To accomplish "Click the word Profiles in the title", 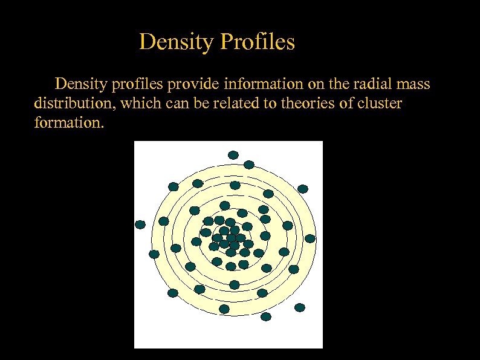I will click(x=259, y=42).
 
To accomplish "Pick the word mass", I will click(x=414, y=83).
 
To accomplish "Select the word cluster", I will click(x=379, y=103).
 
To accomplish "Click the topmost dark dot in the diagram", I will click(x=233, y=155).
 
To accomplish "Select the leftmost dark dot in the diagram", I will click(x=140, y=224).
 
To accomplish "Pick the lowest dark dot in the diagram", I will click(x=266, y=316).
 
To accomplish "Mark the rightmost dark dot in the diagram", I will click(x=310, y=238).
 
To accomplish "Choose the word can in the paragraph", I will click(x=181, y=103).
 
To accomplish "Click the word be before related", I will click(x=206, y=103).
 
